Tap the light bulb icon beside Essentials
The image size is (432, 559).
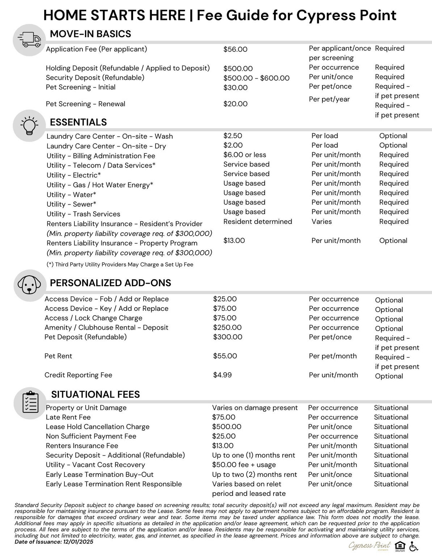pos(29,125)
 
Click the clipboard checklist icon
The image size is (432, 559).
pos(30,402)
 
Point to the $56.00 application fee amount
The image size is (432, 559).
pos(235,50)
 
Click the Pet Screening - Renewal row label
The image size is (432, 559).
pos(85,104)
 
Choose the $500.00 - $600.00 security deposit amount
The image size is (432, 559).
pos(256,78)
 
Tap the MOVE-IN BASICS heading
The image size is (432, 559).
pos(90,34)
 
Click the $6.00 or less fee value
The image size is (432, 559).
pos(245,155)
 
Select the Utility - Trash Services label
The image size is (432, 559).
pos(83,214)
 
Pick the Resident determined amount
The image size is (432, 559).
pos(258,221)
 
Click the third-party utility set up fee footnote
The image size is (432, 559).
pos(120,264)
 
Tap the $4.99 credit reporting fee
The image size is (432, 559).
pos(222,375)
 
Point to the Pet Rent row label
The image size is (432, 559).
pos(58,356)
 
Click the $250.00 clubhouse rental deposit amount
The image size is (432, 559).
pos(227,327)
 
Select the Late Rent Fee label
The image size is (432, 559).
pos(68,417)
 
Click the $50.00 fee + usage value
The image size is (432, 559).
pos(244,465)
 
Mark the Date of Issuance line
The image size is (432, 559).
pos(54,542)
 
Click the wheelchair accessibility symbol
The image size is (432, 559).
pos(414,546)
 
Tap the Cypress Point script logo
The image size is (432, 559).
pos(369,546)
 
